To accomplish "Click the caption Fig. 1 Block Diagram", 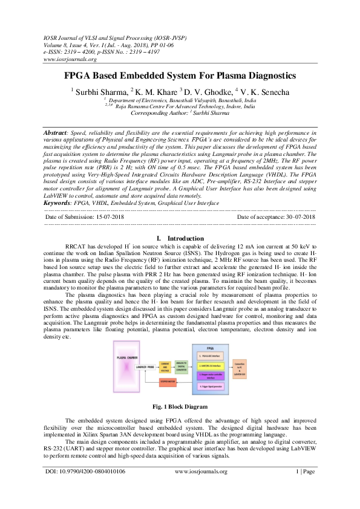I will [x=180, y=406].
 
